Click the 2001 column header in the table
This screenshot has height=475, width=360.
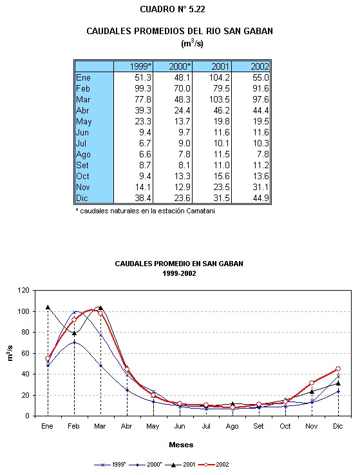(220, 66)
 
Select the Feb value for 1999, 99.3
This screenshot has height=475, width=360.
(142, 88)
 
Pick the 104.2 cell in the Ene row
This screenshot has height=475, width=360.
(219, 77)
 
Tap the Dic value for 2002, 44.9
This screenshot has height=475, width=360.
(261, 198)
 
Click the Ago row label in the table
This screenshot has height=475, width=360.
(83, 155)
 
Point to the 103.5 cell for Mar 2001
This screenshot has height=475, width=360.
(219, 99)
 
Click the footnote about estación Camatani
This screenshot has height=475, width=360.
(145, 211)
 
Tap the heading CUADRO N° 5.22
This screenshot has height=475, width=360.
(173, 10)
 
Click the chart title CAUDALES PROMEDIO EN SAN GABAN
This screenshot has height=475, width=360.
(179, 264)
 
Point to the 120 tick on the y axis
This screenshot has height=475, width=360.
(23, 290)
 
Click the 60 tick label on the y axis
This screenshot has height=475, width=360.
(25, 353)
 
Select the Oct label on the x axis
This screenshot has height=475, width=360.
(285, 426)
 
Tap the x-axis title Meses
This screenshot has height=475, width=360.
(181, 445)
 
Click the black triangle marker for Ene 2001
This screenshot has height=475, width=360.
(48, 307)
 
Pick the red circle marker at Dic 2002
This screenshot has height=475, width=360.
(338, 369)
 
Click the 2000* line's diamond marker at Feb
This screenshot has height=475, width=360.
(74, 342)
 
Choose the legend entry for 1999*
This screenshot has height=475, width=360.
(110, 465)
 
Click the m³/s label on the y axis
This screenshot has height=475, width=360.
(10, 353)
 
